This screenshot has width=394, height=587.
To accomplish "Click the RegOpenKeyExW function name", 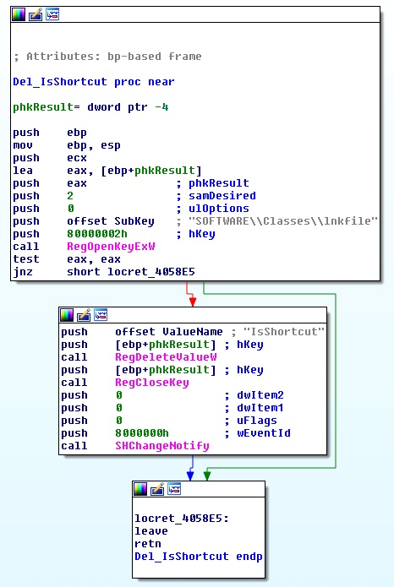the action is (x=111, y=247).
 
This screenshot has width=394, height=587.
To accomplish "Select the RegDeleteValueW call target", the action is (x=166, y=357).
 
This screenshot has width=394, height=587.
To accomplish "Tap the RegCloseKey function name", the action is (x=152, y=383).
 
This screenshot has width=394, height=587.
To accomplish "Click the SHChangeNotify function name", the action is (x=162, y=446).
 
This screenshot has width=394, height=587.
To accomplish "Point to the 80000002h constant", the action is (x=97, y=234).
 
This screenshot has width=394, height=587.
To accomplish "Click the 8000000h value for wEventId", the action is (x=142, y=433).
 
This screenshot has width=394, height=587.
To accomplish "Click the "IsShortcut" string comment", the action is (x=284, y=332).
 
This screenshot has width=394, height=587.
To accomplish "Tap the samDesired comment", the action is (x=222, y=196).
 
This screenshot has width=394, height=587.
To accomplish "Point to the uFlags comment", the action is (x=257, y=421).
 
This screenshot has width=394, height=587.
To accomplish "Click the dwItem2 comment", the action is (x=260, y=395).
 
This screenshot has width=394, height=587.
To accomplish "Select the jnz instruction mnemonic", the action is (x=23, y=272).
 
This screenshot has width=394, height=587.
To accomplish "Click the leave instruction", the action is (x=151, y=531).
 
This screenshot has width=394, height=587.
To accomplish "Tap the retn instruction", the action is (x=148, y=544).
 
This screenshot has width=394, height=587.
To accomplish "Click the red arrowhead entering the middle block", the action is (x=192, y=302).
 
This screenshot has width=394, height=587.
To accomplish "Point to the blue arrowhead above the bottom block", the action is (x=190, y=476).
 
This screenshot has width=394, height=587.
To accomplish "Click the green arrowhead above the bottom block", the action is (x=207, y=476).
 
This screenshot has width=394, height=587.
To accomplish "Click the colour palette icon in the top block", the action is (x=19, y=14).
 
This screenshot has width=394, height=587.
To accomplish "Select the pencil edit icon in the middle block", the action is (x=84, y=315).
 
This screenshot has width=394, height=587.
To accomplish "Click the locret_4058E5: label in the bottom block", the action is (x=182, y=519).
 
